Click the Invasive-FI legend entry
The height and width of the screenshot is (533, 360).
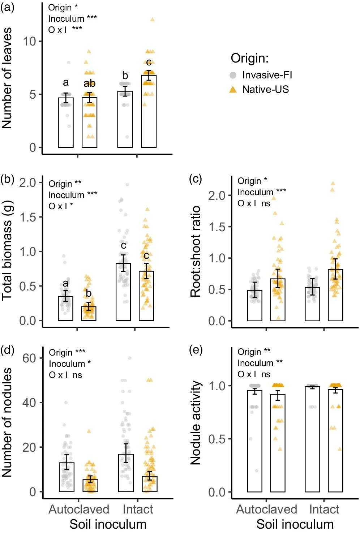coord(267,75)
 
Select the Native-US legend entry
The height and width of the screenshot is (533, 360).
coord(265,89)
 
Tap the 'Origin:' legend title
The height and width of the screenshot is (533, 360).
coord(250,58)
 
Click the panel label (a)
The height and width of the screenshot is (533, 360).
coord(7,7)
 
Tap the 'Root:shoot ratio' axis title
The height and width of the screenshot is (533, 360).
coord(196,252)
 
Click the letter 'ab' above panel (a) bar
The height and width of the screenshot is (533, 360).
coord(89,83)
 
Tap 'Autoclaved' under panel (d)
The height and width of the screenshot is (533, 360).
coord(79,509)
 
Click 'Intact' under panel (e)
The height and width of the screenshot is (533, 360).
coord(324,509)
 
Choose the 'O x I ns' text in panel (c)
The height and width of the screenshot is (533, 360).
coord(254,203)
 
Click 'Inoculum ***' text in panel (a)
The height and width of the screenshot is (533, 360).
coord(73,18)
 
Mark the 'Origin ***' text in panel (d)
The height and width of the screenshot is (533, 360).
coord(67,352)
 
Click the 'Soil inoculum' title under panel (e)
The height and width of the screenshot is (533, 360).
coord(295,524)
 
